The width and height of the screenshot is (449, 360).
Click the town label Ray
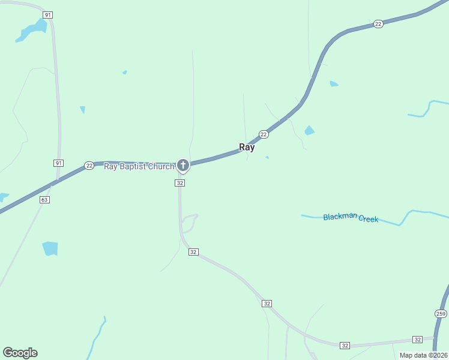(x=247, y=147)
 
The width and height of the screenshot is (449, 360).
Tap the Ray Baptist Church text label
(x=139, y=166)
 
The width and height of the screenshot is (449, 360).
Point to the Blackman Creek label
(x=351, y=218)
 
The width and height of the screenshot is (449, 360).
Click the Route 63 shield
(x=44, y=199)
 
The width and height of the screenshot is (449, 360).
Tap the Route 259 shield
(x=441, y=314)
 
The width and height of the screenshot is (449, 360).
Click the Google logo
(x=20, y=353)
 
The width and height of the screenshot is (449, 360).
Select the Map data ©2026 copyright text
(x=424, y=355)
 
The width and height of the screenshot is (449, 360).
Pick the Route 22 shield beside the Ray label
(x=264, y=134)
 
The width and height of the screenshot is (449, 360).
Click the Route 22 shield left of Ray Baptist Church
(x=89, y=166)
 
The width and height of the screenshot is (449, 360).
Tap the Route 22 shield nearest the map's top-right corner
(x=378, y=24)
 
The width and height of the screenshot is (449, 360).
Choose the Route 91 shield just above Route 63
(x=58, y=163)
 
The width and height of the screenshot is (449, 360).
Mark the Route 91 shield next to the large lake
(x=48, y=14)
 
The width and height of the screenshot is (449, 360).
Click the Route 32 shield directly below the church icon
(x=180, y=182)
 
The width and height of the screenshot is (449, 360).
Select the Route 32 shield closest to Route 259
(x=418, y=340)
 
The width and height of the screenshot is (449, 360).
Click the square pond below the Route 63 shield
(x=50, y=248)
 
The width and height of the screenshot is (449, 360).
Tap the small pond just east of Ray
(x=310, y=130)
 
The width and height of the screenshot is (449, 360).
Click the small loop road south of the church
(x=189, y=223)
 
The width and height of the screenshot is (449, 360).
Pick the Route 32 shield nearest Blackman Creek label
(x=267, y=304)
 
